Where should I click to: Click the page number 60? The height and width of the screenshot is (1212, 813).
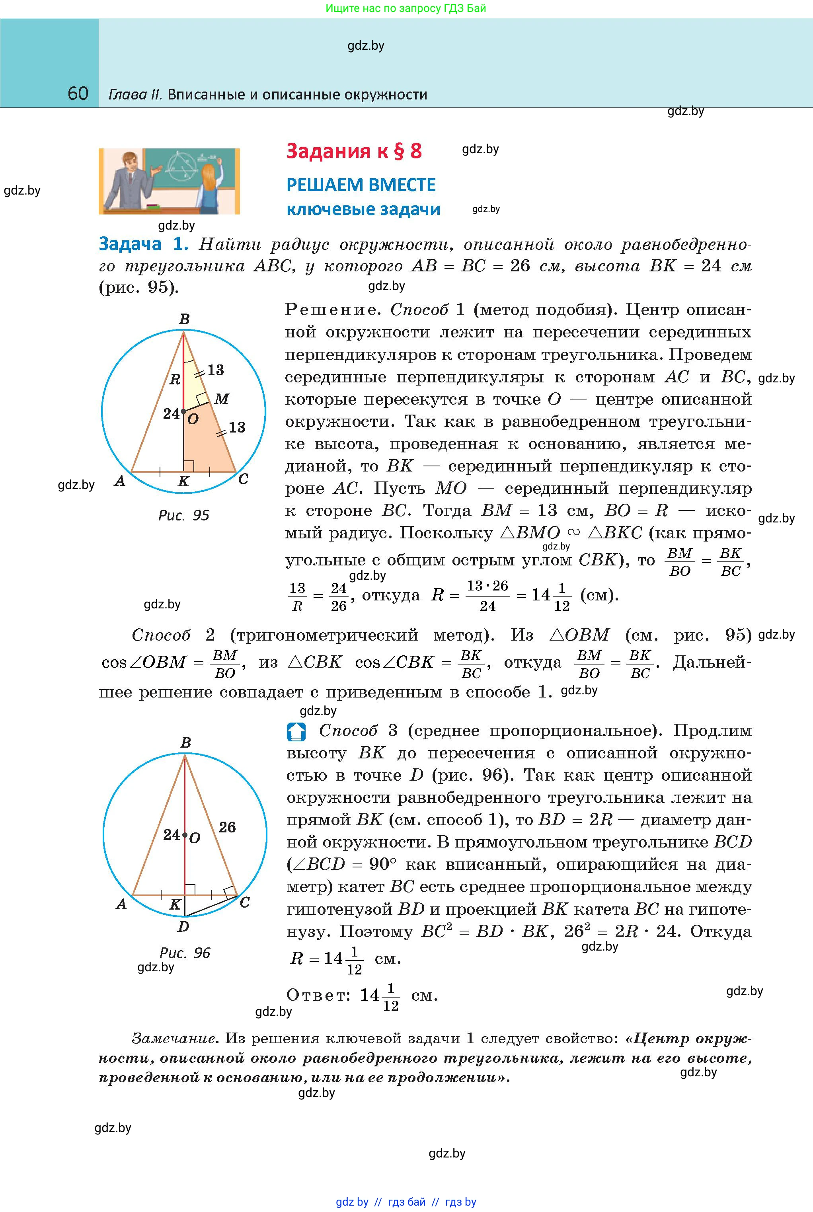78,94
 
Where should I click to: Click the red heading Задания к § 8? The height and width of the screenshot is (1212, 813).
354,151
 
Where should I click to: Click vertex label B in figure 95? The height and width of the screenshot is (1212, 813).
184,320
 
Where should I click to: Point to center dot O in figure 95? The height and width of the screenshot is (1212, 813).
183,411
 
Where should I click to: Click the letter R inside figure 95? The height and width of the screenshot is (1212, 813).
175,380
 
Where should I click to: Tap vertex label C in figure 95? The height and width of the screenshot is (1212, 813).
243,479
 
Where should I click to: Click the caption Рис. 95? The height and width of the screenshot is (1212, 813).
183,515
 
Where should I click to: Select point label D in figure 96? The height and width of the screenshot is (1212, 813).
183,926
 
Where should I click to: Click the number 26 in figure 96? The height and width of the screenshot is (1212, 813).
227,827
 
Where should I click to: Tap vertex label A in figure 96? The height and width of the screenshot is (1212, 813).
121,904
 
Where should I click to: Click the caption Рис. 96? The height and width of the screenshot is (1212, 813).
185,953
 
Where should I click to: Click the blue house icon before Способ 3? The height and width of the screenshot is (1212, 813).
296,731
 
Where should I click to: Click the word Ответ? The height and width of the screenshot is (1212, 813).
316,995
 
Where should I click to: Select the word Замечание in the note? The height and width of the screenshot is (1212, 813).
174,1039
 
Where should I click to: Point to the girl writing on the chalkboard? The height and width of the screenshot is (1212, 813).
207,187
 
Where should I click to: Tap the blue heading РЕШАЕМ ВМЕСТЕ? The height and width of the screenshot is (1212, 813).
361,185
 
